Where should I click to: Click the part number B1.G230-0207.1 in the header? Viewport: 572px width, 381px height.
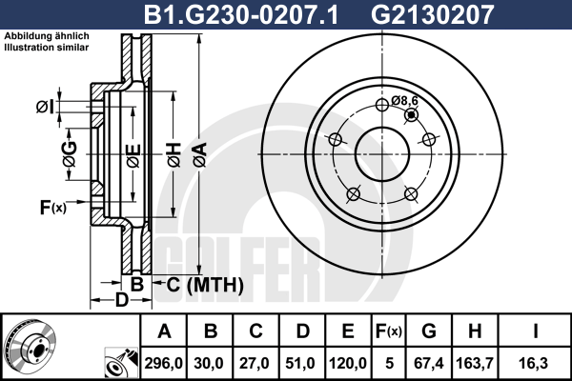tap(241, 15)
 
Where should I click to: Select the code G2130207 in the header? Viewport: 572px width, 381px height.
tap(432, 15)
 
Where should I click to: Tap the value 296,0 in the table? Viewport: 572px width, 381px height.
tap(163, 364)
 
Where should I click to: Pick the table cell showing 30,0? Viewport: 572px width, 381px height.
tap(209, 364)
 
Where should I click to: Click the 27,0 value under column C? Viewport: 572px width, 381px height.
tap(254, 364)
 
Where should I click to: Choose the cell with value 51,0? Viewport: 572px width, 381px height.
tap(300, 364)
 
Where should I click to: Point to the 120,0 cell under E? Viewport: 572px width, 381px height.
tap(348, 364)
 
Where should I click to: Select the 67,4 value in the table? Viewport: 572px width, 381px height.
tap(429, 364)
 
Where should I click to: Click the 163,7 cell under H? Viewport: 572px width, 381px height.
tap(475, 364)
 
